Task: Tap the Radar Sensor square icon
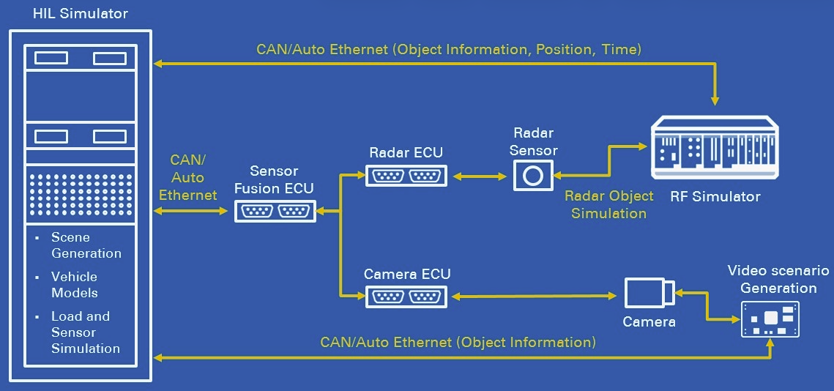[x=533, y=176]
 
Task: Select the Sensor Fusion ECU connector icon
[x=275, y=212]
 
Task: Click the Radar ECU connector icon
[x=406, y=176]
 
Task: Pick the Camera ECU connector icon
[x=406, y=297]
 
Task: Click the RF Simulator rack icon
[x=714, y=149]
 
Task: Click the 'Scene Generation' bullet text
[x=86, y=245]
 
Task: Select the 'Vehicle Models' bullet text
[x=75, y=285]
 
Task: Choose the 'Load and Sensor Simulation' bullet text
[x=85, y=332]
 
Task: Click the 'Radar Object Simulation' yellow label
[x=608, y=205]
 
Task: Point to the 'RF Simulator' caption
[x=715, y=196]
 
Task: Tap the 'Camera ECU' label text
[x=407, y=275]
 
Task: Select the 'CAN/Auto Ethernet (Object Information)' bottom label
[x=458, y=343]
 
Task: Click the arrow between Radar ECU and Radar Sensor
[x=480, y=176]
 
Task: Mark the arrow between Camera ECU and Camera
[x=533, y=296]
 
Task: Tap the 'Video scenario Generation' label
[x=778, y=279]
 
